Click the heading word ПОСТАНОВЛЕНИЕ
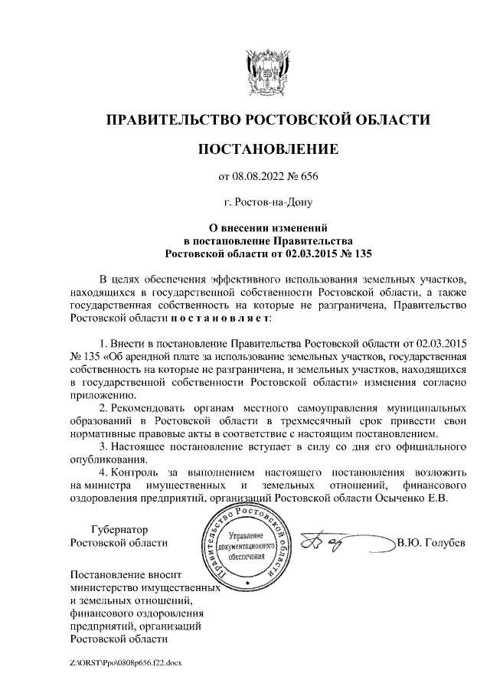pos(267,149)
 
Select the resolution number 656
pos(308,178)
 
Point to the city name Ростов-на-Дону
pos(268,203)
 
